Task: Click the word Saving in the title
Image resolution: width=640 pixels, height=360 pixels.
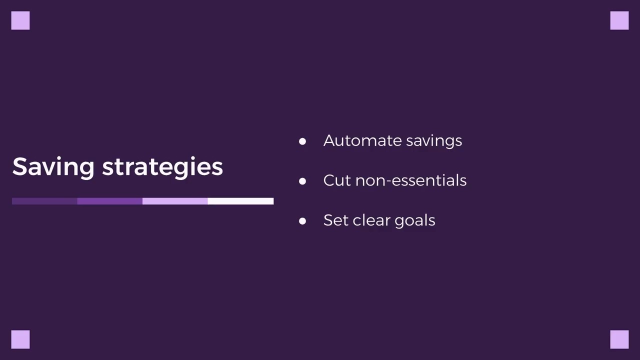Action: [53, 166]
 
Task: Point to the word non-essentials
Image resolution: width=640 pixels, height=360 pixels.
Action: [410, 180]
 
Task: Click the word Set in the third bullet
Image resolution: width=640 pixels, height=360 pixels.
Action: [335, 220]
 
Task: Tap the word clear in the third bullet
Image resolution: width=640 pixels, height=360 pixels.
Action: [371, 220]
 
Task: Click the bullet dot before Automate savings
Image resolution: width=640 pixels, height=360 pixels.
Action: [302, 141]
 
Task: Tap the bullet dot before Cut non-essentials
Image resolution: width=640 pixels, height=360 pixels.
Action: [302, 181]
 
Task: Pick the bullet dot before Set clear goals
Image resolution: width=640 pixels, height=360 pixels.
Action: [302, 221]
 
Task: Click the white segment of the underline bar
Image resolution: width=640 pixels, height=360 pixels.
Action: [240, 201]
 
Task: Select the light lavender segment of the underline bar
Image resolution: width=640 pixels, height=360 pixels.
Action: [175, 201]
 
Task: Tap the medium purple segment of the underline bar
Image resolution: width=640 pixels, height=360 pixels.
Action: [109, 201]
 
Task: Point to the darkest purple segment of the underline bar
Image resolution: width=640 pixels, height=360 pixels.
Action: [44, 201]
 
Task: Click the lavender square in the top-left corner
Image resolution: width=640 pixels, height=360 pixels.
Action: [20, 20]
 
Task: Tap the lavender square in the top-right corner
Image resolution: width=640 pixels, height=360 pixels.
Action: [619, 20]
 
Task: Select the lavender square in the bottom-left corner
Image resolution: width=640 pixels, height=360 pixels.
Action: [20, 339]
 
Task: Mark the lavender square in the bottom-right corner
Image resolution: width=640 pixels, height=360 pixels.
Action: [619, 339]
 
